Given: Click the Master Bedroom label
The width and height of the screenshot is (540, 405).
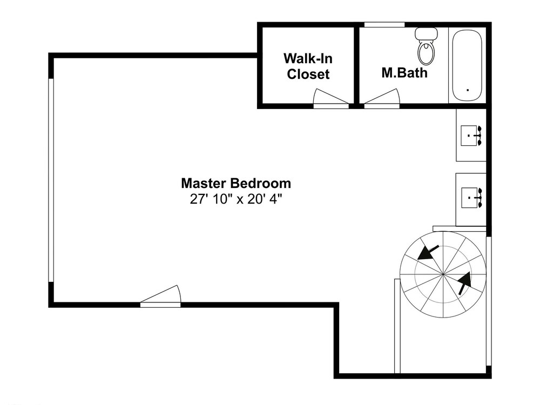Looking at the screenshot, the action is click(x=236, y=183).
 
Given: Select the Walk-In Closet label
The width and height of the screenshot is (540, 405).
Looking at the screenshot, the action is click(x=308, y=66).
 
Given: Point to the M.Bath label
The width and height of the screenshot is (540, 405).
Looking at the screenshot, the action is click(x=404, y=73).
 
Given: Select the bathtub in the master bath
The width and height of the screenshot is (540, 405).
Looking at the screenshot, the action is click(x=467, y=65).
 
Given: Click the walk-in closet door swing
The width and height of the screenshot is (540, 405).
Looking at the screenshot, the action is click(x=330, y=98).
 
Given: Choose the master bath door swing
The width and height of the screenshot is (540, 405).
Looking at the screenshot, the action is click(x=382, y=98).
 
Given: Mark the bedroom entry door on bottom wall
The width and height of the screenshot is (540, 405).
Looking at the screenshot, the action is click(x=160, y=296).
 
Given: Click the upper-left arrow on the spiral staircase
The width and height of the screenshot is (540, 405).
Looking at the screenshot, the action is click(x=428, y=252).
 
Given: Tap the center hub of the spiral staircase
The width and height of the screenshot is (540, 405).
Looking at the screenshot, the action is click(x=443, y=274).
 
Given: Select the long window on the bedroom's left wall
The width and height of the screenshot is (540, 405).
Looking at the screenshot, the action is click(x=51, y=180).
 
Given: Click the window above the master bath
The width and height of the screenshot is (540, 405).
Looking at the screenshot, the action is click(x=384, y=24).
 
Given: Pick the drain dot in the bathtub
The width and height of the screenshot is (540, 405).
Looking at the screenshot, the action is click(x=467, y=90).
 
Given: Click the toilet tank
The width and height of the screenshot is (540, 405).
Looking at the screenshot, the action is click(x=427, y=33).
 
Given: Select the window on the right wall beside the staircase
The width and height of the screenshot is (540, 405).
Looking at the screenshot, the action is click(x=488, y=301).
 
